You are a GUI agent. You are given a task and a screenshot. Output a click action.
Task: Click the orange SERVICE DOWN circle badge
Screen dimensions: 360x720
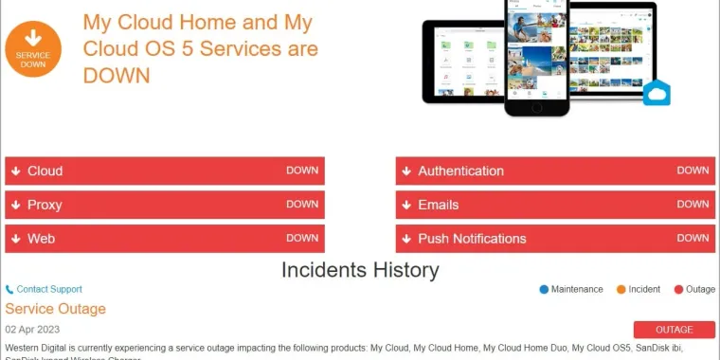pos(33,49)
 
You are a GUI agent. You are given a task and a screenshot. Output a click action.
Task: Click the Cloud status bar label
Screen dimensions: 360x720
pos(45,171)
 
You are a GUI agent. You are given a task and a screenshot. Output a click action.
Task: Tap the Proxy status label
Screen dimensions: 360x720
pos(45,205)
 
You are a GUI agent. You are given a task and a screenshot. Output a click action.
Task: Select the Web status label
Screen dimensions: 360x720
pos(41,239)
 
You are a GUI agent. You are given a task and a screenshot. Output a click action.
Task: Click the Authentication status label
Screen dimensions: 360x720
pos(460,171)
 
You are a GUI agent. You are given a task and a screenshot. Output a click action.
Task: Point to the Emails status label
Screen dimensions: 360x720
pos(438,205)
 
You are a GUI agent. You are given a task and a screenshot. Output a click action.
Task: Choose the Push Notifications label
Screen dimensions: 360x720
pos(472,239)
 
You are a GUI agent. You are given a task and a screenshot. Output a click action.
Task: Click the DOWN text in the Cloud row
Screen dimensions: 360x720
pos(302,171)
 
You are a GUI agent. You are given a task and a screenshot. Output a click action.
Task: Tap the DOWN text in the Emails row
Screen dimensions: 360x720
pos(693,204)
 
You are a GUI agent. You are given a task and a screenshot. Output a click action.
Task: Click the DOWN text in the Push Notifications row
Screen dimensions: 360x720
pos(693,238)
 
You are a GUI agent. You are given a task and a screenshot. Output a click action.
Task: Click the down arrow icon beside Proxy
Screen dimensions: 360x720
pos(16,205)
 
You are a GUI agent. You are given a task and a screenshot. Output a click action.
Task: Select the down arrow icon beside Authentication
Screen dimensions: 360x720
pos(406,171)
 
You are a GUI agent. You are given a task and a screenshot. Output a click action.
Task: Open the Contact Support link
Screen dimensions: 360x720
pos(49,289)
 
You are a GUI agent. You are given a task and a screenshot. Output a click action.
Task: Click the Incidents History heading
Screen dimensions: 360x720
pos(360,270)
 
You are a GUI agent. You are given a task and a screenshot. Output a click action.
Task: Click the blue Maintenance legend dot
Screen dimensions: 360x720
pos(544,289)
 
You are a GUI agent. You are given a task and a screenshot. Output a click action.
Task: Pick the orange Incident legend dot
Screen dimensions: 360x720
pos(621,289)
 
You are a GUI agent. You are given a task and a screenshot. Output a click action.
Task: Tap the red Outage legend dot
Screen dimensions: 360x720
pos(678,289)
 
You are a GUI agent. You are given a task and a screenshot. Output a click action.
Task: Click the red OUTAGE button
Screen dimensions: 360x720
pos(675,330)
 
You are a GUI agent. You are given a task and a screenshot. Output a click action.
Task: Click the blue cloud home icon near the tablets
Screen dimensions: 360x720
pos(656,93)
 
